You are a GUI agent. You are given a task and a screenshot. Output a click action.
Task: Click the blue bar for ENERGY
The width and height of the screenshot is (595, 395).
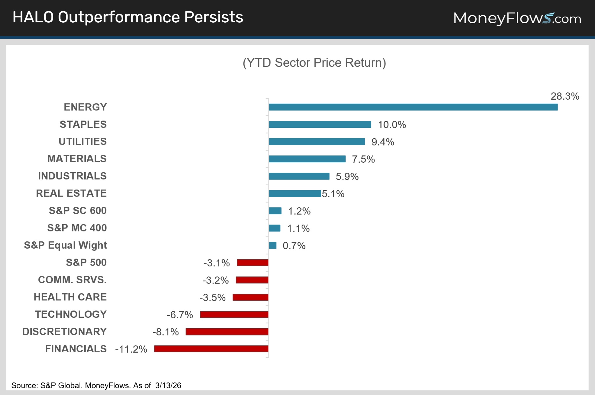pyautogui.click(x=413, y=107)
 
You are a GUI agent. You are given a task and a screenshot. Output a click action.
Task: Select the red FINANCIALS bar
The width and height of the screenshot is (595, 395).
pyautogui.click(x=211, y=349)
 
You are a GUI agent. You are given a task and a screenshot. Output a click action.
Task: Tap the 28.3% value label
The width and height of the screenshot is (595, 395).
pyautogui.click(x=564, y=96)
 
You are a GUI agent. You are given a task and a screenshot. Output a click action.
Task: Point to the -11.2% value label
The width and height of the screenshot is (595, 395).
pyautogui.click(x=131, y=349)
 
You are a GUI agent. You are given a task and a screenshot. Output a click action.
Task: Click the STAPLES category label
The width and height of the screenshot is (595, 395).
pyautogui.click(x=83, y=124)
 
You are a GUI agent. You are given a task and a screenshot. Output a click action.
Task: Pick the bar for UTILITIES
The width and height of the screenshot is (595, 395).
pyautogui.click(x=317, y=142)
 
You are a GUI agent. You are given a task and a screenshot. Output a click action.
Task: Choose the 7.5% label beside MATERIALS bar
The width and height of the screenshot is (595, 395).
pyautogui.click(x=363, y=159)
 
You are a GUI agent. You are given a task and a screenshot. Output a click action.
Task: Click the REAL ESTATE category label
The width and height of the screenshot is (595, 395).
pyautogui.click(x=71, y=193)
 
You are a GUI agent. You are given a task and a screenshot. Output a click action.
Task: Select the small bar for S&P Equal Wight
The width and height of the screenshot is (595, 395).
pyautogui.click(x=272, y=245)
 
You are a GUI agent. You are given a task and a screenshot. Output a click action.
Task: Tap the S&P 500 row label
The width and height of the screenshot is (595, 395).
pyautogui.click(x=86, y=263)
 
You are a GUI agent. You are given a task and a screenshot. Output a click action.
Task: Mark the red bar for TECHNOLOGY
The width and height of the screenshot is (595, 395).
pyautogui.click(x=234, y=315)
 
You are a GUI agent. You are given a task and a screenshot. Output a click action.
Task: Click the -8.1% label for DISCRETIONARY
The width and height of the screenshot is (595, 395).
pyautogui.click(x=165, y=332)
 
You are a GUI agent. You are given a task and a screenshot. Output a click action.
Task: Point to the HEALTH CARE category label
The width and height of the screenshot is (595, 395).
pyautogui.click(x=70, y=297)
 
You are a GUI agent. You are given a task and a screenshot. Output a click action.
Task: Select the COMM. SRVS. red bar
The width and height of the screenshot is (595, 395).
pyautogui.click(x=252, y=280)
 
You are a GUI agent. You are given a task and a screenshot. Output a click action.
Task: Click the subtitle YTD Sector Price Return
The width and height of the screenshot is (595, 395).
pyautogui.click(x=314, y=63)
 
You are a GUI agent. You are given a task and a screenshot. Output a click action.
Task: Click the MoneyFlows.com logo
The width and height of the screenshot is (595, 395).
pyautogui.click(x=517, y=18)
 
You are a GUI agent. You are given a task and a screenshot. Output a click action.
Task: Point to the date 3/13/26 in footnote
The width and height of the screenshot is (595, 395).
pyautogui.click(x=168, y=385)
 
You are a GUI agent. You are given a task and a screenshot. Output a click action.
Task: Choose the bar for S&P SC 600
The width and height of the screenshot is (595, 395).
pyautogui.click(x=275, y=211)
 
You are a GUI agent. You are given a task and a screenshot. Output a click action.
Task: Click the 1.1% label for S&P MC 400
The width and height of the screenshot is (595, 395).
pyautogui.click(x=298, y=229)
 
